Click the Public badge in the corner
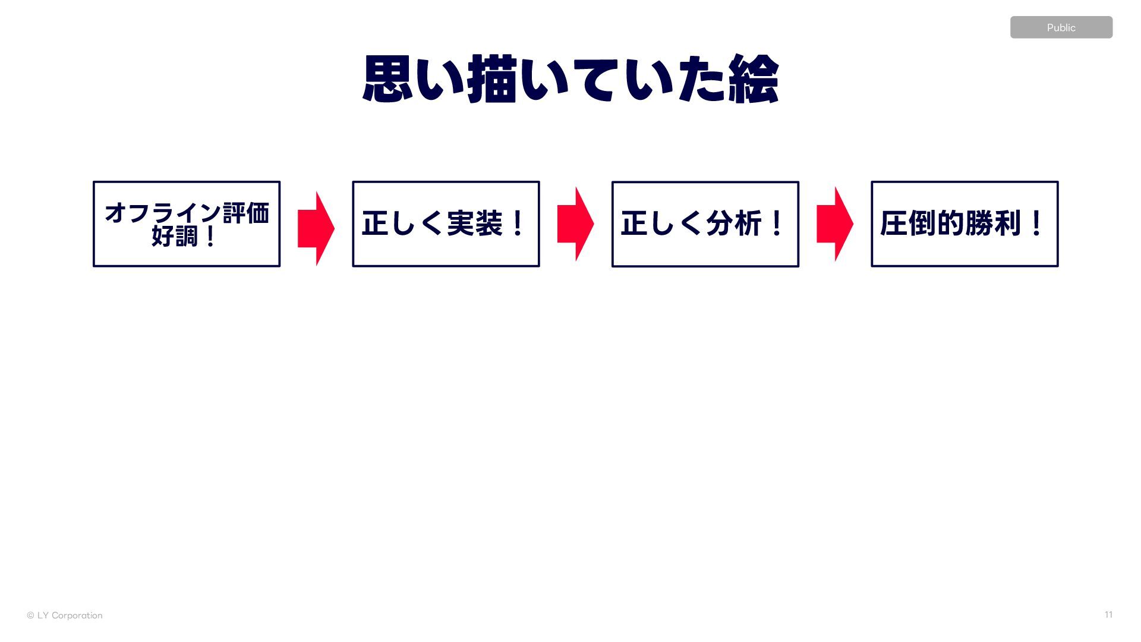click(1061, 27)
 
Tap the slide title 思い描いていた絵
click(570, 79)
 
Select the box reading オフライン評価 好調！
click(187, 224)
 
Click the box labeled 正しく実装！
click(446, 224)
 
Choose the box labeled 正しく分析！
click(705, 224)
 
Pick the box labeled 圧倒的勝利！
click(965, 224)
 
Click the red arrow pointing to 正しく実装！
click(316, 228)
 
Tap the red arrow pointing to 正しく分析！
click(575, 224)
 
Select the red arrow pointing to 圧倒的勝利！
click(835, 224)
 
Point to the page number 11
click(1108, 615)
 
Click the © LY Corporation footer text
click(65, 615)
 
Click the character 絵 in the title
click(754, 79)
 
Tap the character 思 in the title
click(387, 79)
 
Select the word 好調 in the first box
click(174, 237)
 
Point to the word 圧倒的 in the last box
click(922, 224)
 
